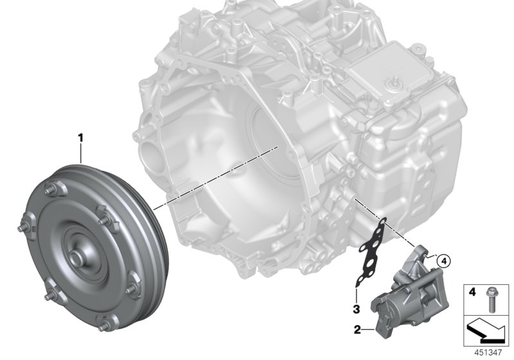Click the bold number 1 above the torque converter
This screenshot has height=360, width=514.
click(x=80, y=137)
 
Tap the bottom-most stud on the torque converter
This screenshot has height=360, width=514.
click(x=97, y=321)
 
